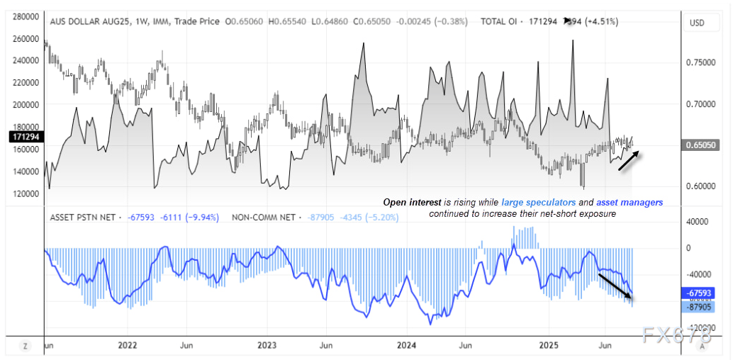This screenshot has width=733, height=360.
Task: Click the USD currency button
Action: point(697,23)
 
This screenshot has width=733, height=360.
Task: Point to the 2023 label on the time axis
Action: point(267,345)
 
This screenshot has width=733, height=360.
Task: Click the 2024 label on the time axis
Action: point(407,345)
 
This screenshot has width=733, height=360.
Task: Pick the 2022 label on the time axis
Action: point(127,345)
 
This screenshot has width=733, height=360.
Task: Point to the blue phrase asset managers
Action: point(630,202)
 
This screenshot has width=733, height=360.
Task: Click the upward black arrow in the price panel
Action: point(629,161)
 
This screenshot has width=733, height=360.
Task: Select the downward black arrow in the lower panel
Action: point(615,286)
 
